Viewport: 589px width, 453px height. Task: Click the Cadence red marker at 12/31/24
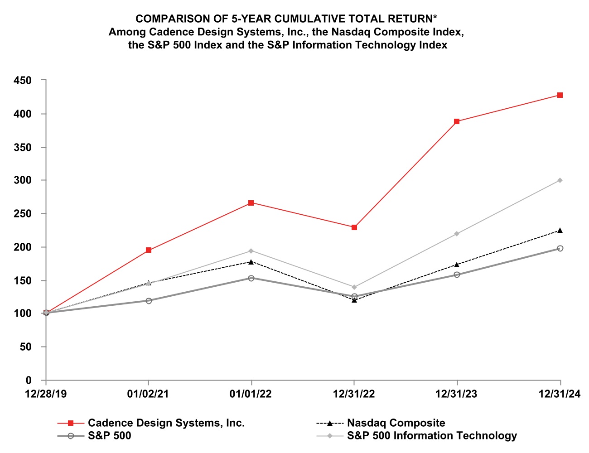560,95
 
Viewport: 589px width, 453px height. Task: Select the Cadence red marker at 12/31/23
457,121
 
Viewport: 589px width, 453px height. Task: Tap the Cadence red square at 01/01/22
251,203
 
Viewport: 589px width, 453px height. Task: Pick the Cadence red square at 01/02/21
149,250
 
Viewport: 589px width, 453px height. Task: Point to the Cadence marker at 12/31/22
354,227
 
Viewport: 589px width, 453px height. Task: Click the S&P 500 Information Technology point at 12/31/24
560,180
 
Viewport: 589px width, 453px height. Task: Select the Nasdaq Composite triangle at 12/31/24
560,231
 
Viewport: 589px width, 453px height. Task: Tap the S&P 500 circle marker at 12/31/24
560,248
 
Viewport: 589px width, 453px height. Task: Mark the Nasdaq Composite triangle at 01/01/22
251,262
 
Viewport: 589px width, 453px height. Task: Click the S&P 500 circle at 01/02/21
149,301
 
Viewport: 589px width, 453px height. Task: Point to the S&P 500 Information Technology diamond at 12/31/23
457,234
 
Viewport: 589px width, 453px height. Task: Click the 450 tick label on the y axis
23,80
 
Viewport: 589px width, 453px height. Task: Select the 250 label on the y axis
23,214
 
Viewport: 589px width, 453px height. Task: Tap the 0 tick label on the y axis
29,381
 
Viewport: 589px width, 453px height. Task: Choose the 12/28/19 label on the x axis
46,394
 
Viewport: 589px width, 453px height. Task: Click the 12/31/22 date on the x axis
354,394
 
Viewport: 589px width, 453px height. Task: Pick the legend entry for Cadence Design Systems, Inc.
166,423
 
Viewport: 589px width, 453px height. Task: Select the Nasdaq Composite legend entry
396,423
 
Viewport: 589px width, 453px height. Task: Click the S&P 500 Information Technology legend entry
431,436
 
